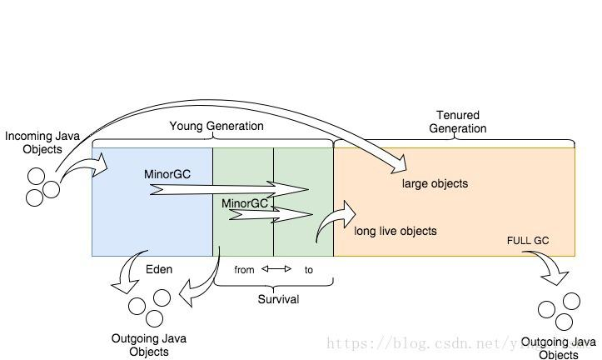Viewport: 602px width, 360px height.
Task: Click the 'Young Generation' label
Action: click(216, 126)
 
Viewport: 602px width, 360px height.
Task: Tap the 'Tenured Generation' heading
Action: click(457, 122)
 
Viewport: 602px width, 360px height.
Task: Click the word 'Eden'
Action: click(159, 269)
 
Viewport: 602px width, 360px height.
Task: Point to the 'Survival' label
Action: click(278, 299)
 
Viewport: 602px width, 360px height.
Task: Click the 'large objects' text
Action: click(435, 183)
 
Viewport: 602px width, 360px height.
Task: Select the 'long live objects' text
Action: click(396, 231)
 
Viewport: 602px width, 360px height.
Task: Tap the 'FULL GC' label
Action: click(528, 241)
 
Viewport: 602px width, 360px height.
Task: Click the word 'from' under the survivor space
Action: click(244, 270)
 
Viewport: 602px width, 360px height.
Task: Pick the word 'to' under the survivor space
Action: click(309, 270)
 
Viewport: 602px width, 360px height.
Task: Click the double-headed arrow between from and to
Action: click(276, 269)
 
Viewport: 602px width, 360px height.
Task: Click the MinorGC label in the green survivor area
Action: click(245, 203)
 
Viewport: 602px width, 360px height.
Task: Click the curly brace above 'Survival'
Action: click(274, 283)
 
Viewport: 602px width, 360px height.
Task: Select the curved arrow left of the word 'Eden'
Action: click(129, 270)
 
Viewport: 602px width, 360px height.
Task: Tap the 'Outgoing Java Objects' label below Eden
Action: click(148, 345)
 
